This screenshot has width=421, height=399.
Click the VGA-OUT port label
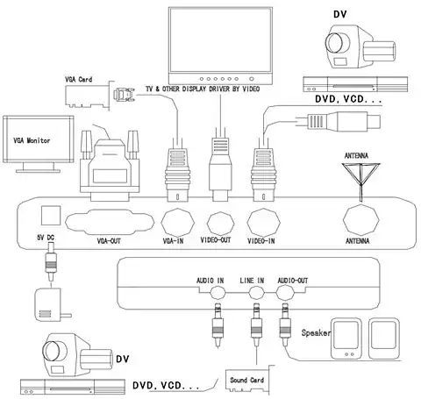[x=109, y=241]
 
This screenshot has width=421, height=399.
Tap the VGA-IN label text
[x=173, y=241]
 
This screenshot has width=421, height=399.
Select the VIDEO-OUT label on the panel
[x=216, y=240]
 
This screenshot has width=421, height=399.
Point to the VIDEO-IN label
[x=261, y=241]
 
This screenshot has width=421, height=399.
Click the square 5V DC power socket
[x=51, y=216]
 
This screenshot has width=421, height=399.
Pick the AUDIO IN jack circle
[x=218, y=292]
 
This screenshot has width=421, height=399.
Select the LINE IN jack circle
[x=256, y=292]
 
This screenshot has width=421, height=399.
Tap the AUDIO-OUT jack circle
[x=285, y=292]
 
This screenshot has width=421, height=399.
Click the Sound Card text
[x=247, y=380]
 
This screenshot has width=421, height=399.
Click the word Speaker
[x=316, y=333]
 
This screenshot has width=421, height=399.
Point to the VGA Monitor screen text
[x=32, y=140]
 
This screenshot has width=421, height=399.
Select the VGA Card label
[x=78, y=80]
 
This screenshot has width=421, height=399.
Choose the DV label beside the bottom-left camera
[x=122, y=359]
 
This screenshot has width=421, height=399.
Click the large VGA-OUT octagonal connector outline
[x=110, y=222]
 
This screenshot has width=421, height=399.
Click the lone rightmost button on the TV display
[x=252, y=79]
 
